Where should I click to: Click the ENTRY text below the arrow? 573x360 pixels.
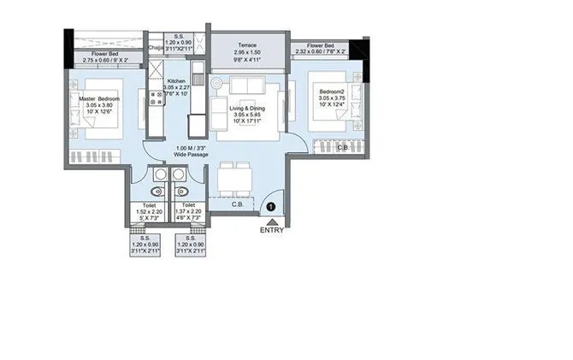[x=271, y=229]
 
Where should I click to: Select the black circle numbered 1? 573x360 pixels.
[x=271, y=205]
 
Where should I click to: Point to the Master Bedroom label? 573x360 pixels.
[x=99, y=98]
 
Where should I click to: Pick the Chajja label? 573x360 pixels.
[x=155, y=49]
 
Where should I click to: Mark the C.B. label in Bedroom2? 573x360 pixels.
[x=342, y=147]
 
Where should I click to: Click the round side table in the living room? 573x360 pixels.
[x=216, y=84]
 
